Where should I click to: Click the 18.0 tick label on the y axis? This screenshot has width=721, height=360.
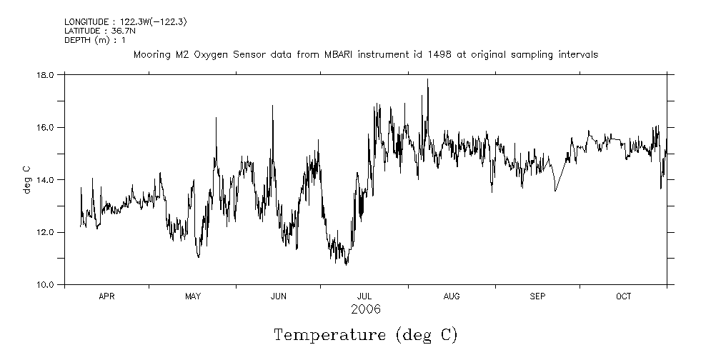tap(46, 74)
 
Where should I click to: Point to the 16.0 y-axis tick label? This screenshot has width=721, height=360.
tap(46, 127)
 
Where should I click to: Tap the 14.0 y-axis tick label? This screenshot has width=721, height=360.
tap(46, 179)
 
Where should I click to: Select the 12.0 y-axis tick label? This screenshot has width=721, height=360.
tap(46, 232)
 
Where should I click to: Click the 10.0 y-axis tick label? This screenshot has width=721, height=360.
tap(46, 284)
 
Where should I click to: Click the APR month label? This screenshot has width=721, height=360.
tap(106, 296)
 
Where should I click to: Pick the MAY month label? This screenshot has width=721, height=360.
tap(193, 296)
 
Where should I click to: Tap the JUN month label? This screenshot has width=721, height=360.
tap(279, 296)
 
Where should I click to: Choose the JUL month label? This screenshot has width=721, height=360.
tap(364, 296)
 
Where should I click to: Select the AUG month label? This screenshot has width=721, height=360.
tap(452, 296)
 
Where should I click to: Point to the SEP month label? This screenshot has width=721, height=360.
tap(537, 296)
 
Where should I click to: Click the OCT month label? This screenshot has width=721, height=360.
tap(624, 296)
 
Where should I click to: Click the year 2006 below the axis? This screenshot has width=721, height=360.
tap(365, 309)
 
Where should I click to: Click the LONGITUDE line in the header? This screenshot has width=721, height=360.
tap(125, 22)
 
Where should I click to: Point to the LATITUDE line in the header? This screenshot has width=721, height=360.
tap(99, 31)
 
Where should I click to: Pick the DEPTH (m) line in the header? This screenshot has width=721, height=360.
tap(94, 40)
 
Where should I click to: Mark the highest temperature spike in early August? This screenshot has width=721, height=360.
tap(427, 80)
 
